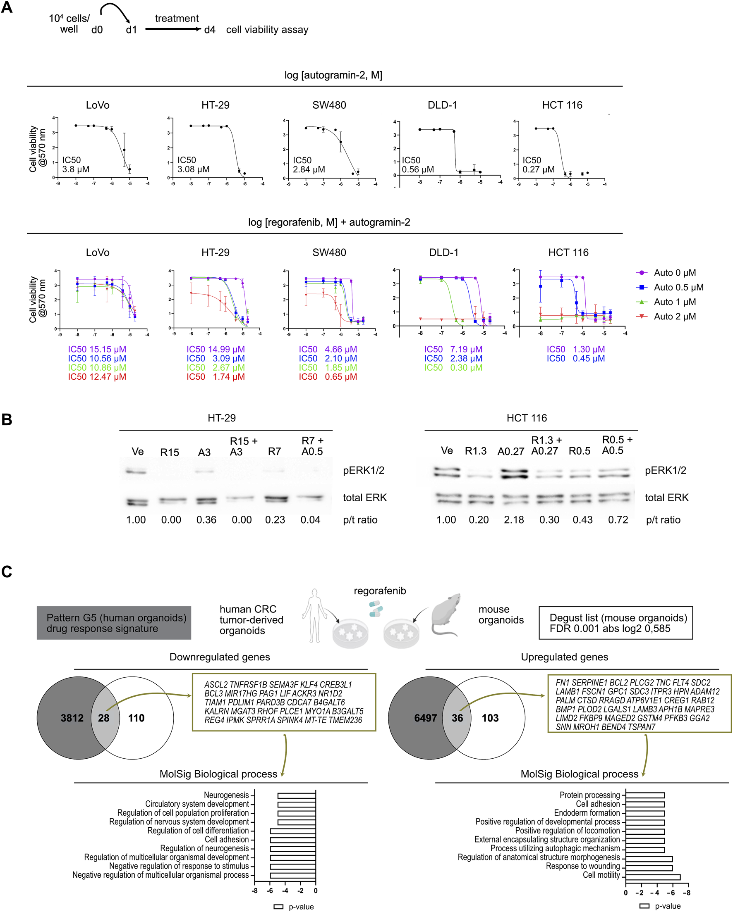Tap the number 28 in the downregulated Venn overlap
coord(104,718)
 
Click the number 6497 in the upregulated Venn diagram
coord(425,718)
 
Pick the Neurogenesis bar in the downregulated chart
coord(297,795)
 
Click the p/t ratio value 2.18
coord(514,520)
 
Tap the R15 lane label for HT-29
coord(169,452)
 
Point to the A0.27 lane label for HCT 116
coord(511,452)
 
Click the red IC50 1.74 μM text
coord(216,377)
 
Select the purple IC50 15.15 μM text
coord(97,350)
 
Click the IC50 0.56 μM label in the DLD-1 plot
coord(417,165)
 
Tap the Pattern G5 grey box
coord(114,623)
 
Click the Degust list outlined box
coord(616,623)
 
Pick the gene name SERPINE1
coord(589,683)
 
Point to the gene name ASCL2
coord(216,684)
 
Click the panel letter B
coord(7,419)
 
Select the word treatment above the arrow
coord(177,19)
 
